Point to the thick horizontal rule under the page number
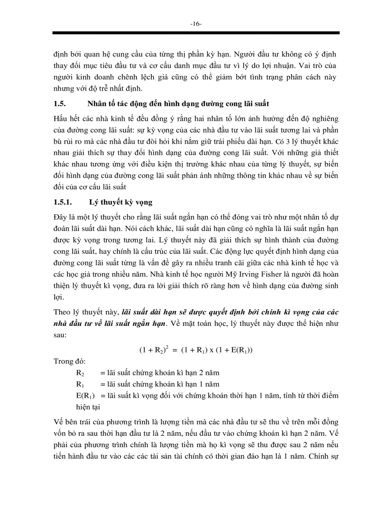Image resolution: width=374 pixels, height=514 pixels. tap(196, 33)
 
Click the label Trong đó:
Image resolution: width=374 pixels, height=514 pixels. tap(66, 361)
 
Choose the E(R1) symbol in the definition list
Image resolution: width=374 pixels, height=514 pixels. tap(85, 395)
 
